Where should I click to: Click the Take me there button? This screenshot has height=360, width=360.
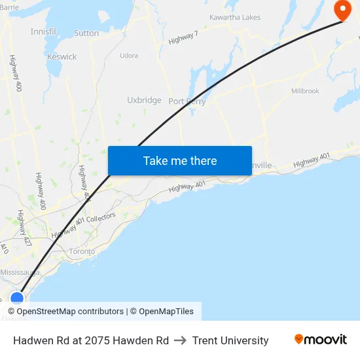coord(179,160)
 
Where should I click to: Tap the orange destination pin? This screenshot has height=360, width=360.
coord(342,10)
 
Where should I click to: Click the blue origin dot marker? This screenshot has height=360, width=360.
coord(17,299)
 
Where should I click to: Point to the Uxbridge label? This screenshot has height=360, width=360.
coord(144,100)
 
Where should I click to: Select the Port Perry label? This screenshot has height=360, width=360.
coord(187,101)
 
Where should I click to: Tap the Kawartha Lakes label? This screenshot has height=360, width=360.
coord(234,17)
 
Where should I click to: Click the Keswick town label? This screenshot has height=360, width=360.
coord(62,57)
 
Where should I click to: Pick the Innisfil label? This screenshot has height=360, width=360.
coord(43,31)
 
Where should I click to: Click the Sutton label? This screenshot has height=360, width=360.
coord(86,33)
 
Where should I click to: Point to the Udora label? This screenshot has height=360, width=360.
coord(129,56)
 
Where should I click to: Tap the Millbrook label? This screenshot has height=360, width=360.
coord(305,91)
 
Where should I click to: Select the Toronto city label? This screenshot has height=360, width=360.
coord(82,251)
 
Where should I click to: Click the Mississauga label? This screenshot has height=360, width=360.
coord(20,272)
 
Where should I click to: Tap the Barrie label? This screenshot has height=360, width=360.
coord(9,8)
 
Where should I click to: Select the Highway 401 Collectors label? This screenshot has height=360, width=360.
coord(84,225)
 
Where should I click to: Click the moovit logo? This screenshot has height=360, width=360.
coord(321,340)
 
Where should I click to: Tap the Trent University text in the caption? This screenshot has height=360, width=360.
coord(230,340)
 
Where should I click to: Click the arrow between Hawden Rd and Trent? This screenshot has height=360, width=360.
coord(181,340)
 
